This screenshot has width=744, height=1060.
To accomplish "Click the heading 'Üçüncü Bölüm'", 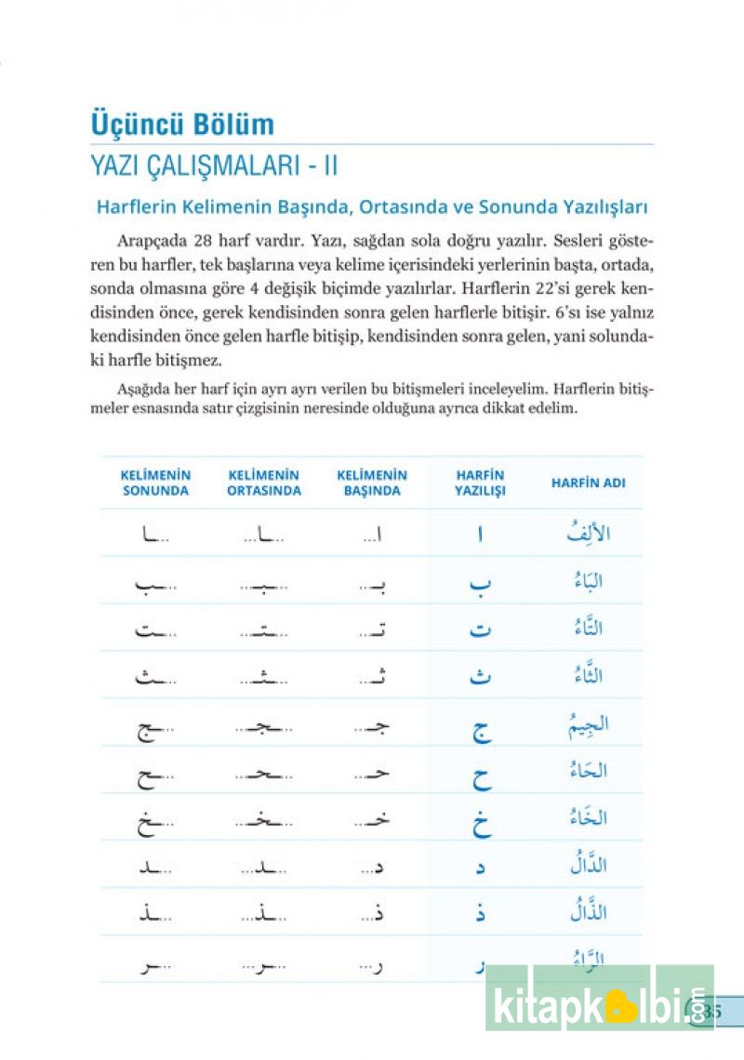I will pos(182,125).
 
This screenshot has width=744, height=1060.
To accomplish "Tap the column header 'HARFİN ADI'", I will pos(589,483).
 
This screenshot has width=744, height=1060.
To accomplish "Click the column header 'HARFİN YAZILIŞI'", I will pos(480,483).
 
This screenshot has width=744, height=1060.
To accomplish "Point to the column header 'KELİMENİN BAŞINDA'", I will pos(372,483).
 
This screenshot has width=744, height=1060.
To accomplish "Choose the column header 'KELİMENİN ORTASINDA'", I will pos(264,483).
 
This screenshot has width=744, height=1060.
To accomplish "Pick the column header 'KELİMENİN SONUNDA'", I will pos(156,483).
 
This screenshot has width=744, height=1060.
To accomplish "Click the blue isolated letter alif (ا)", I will pos(481,536).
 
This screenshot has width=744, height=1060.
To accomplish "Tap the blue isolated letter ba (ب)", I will pos(480,583).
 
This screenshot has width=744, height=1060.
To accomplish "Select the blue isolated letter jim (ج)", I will pos(481,729).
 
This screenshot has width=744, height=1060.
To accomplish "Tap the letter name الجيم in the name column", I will pos(588,722).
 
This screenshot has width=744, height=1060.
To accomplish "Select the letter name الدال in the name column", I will pos(588,864).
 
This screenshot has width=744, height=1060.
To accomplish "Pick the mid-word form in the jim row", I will pos(264,725).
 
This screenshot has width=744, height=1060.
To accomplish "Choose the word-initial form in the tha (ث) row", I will pos(372,675).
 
